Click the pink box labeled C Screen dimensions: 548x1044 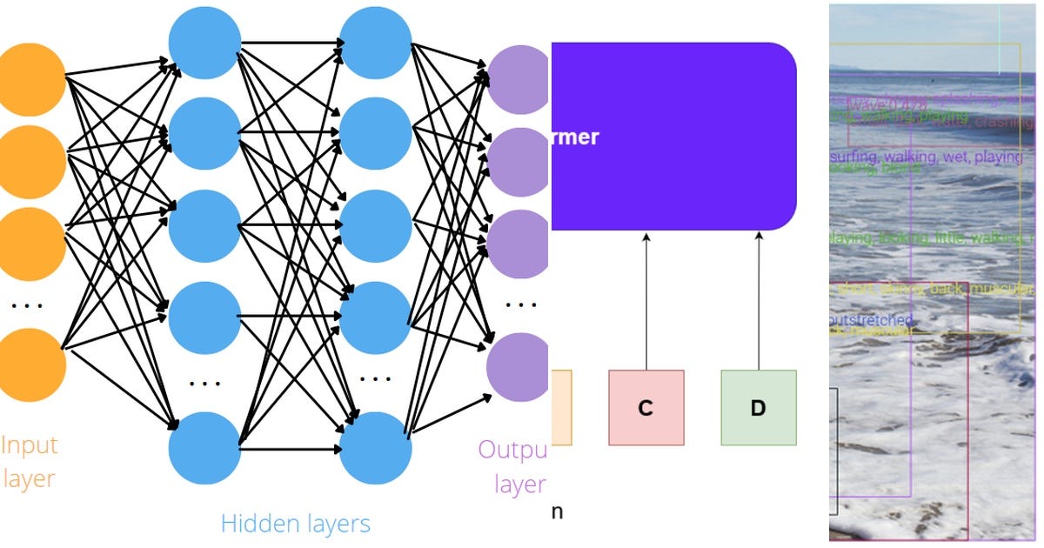pyautogui.click(x=646, y=408)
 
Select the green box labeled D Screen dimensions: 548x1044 pyautogui.click(x=758, y=408)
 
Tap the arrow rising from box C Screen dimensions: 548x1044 pyautogui.click(x=646, y=300)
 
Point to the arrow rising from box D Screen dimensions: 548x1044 pyautogui.click(x=759, y=300)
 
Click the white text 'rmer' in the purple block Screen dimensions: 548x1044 pyautogui.click(x=575, y=137)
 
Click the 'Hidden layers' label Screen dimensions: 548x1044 pyautogui.click(x=295, y=524)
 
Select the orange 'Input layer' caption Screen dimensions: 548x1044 pyautogui.click(x=29, y=462)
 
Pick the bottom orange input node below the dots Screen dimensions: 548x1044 pyautogui.click(x=31, y=365)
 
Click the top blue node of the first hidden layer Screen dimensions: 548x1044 pyautogui.click(x=204, y=41)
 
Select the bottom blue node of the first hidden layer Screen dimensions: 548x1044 pyautogui.click(x=204, y=449)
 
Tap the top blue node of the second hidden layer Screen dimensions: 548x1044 pyautogui.click(x=375, y=41)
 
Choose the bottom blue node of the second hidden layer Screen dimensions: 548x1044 pyautogui.click(x=375, y=449)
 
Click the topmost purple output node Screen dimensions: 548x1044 pyautogui.click(x=519, y=80)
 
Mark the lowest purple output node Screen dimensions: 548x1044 pyautogui.click(x=517, y=366)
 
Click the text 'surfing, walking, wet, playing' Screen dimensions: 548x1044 pyautogui.click(x=926, y=157)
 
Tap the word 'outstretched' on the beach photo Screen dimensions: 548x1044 pyautogui.click(x=872, y=320)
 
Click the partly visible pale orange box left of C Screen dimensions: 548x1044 pyautogui.click(x=561, y=408)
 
